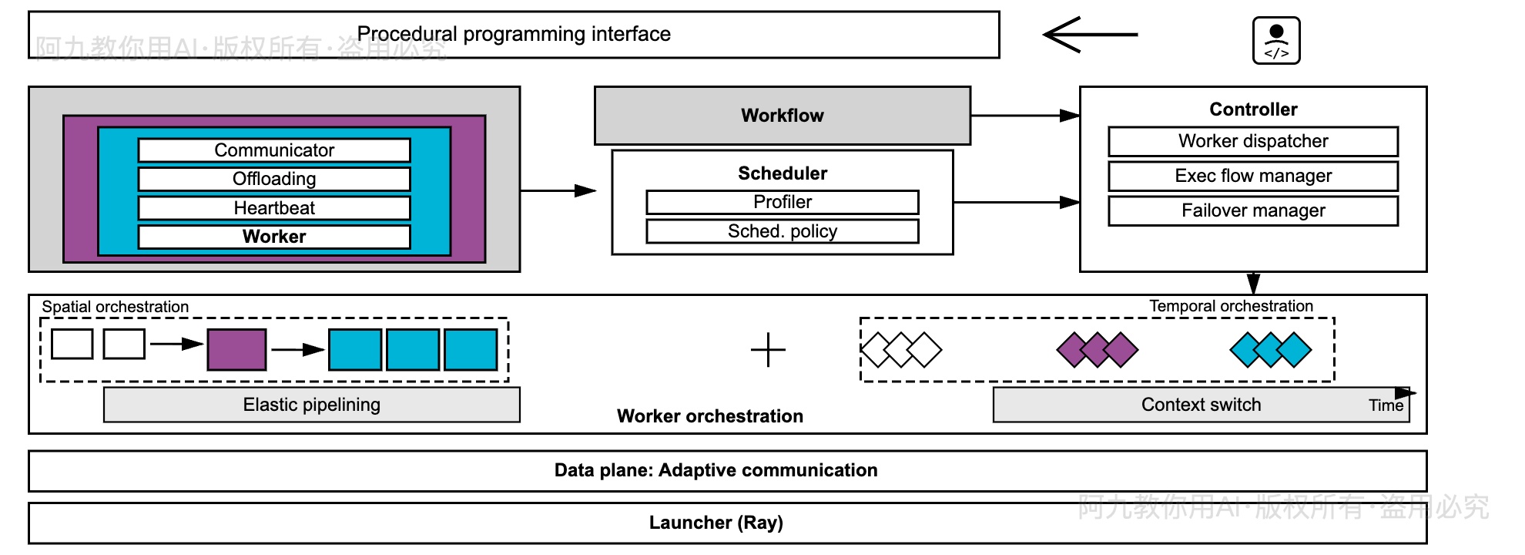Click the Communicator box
click(x=274, y=150)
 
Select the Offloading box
click(x=274, y=179)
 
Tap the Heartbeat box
click(x=274, y=208)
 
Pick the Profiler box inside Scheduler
click(x=783, y=202)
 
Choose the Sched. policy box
click(x=783, y=231)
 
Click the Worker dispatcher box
click(x=1253, y=141)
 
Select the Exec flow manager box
click(x=1253, y=176)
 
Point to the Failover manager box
click(x=1253, y=210)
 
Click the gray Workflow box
click(x=783, y=116)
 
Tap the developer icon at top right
click(x=1276, y=41)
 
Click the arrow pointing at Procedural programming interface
click(x=1090, y=35)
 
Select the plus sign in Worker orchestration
click(x=768, y=350)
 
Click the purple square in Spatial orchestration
click(x=236, y=349)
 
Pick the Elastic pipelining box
click(x=312, y=405)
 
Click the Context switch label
click(x=1201, y=405)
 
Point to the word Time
click(x=1386, y=405)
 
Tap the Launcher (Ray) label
click(x=716, y=523)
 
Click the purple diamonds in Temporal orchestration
click(x=1097, y=349)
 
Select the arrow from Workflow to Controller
click(x=1024, y=116)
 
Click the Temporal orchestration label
click(x=1231, y=306)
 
